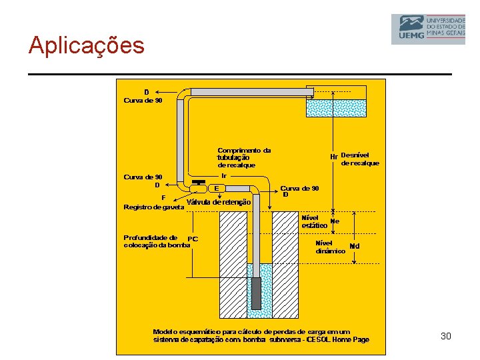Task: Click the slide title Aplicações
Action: [x=86, y=45]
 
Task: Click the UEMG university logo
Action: [x=427, y=29]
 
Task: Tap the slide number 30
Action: [x=446, y=336]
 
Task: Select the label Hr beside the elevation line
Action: [x=335, y=157]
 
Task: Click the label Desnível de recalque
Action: [x=359, y=159]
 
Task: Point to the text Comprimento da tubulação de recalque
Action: [x=244, y=157]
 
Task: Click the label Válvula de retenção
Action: [x=219, y=202]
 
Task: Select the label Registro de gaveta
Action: [x=154, y=207]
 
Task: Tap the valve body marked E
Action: [x=217, y=188]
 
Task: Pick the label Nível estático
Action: [x=314, y=221]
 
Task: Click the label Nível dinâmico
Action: [x=330, y=247]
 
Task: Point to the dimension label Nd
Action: [x=354, y=246]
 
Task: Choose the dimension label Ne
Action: [x=335, y=221]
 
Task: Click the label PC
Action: [x=193, y=239]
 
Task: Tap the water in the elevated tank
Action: [x=336, y=108]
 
